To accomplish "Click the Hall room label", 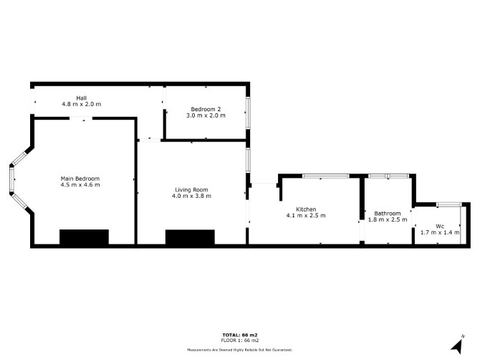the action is pyautogui.click(x=82, y=98).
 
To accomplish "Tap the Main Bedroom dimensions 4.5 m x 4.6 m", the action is pyautogui.click(x=80, y=185).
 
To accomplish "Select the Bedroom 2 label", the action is pyautogui.click(x=206, y=109).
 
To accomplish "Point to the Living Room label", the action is pyautogui.click(x=191, y=190).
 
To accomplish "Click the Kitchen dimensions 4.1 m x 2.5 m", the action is pyautogui.click(x=306, y=215).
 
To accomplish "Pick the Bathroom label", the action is pyautogui.click(x=388, y=213).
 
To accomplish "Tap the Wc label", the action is pyautogui.click(x=440, y=227).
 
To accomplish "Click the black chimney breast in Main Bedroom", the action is pyautogui.click(x=85, y=237).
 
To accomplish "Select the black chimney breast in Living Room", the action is pyautogui.click(x=190, y=237).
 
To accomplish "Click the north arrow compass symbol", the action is pyautogui.click(x=458, y=345).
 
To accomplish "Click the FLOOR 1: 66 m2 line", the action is pyautogui.click(x=240, y=341).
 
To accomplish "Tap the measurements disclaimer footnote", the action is pyautogui.click(x=240, y=349).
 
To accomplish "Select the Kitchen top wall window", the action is pyautogui.click(x=326, y=176).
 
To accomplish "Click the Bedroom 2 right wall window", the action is pyautogui.click(x=248, y=113).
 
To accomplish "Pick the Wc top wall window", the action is pyautogui.click(x=448, y=204).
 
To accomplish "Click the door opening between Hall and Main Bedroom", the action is pyautogui.click(x=81, y=118).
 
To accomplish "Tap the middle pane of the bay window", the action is pyautogui.click(x=11, y=180).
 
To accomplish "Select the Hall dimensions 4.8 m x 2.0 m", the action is pyautogui.click(x=82, y=104).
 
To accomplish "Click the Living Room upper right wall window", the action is pyautogui.click(x=248, y=160).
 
